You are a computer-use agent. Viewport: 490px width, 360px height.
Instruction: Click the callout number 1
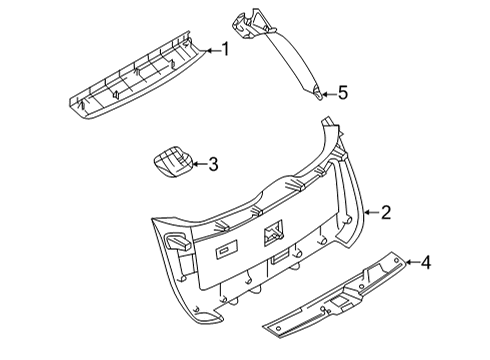click(x=226, y=49)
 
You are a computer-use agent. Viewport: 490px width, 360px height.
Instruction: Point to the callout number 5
click(x=342, y=93)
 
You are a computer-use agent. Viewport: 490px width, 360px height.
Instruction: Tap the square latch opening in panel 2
click(x=273, y=237)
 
